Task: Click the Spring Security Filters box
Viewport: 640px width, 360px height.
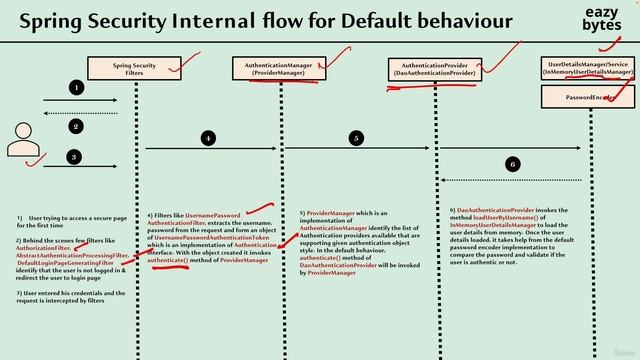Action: pos(133,69)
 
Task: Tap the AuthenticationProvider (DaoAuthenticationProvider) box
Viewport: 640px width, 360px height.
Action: pos(434,69)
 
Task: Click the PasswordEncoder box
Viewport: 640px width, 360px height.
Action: pos(589,97)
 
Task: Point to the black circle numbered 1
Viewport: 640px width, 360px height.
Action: pos(75,88)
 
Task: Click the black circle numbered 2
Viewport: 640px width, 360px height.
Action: pos(75,127)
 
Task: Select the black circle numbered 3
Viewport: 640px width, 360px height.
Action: pos(75,157)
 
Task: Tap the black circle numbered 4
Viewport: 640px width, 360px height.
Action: pos(208,138)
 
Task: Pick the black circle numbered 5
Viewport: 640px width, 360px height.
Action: pos(356,138)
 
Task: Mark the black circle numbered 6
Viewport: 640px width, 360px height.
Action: pos(512,163)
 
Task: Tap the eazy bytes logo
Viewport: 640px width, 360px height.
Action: pos(602,19)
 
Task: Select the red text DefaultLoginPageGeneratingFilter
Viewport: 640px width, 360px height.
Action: pos(66,263)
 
